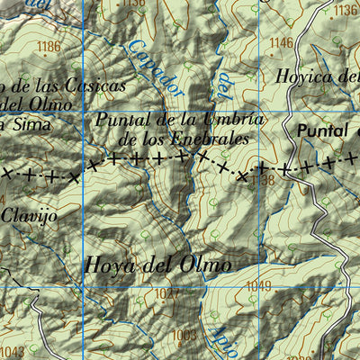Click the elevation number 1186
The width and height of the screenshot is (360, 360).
(50, 46)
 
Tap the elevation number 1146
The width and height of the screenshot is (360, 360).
(282, 42)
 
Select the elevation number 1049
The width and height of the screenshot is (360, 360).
(257, 286)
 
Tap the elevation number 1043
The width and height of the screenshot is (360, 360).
(13, 352)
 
